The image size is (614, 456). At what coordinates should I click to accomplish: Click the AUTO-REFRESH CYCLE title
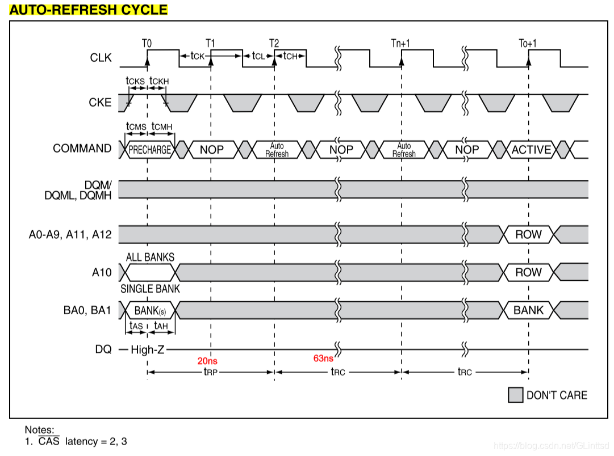point(89,10)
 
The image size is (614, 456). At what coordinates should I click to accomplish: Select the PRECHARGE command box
point(149,150)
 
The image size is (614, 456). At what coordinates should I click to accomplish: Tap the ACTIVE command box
point(531,150)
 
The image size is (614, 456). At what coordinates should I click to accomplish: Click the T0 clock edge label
point(147,43)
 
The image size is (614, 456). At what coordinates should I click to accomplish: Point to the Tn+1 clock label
point(401,43)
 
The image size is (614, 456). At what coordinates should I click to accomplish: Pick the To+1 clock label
point(528,43)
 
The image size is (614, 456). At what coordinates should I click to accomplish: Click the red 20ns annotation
point(207,360)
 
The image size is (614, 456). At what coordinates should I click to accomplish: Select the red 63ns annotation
point(323,358)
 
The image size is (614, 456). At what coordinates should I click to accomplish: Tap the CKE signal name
point(101,103)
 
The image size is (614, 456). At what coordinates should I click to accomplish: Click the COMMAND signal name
point(82,149)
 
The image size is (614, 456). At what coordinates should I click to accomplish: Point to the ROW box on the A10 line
point(528,272)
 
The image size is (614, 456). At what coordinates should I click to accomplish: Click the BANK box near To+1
point(528,310)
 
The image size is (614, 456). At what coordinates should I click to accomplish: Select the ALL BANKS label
point(151,257)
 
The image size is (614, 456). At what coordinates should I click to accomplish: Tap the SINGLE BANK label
point(150,289)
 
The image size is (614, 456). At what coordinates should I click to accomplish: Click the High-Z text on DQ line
point(147,350)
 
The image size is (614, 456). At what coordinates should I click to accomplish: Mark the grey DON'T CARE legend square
point(515,395)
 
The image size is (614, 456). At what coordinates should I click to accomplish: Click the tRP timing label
point(211,372)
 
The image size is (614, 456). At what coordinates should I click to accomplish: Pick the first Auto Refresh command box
point(277,150)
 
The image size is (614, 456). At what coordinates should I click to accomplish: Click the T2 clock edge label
point(274,43)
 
